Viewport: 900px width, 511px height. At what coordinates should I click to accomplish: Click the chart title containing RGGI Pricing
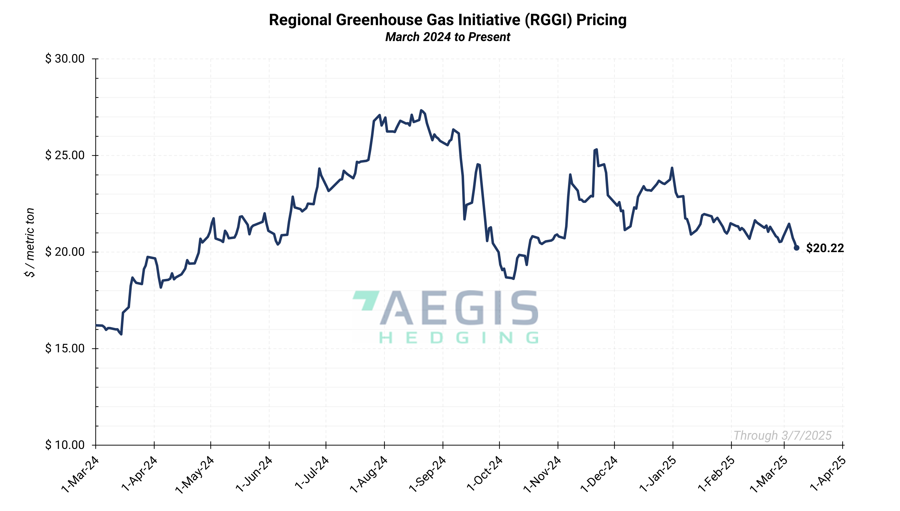point(447,20)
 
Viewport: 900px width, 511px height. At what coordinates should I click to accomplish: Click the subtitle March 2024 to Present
point(447,37)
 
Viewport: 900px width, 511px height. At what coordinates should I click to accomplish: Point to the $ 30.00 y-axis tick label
point(65,58)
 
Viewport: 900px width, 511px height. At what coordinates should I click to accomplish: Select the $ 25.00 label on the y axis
point(65,155)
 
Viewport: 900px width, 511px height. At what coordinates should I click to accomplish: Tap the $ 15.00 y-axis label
point(65,348)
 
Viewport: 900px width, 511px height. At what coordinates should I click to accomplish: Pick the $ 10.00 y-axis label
point(65,445)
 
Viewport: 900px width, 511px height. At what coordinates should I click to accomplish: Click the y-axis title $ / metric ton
point(30,242)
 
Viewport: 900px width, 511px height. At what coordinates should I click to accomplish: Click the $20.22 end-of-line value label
point(825,248)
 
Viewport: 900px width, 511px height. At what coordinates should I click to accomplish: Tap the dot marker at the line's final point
point(796,248)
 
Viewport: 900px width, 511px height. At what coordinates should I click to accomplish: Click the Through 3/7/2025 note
point(783,436)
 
